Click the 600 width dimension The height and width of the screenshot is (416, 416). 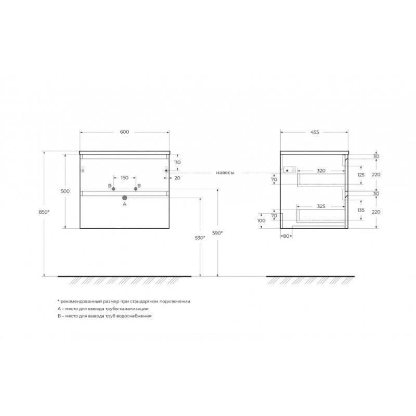[124, 132]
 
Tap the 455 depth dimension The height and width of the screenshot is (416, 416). [315, 132]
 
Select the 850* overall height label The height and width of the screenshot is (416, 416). [44, 212]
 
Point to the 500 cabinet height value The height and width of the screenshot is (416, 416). [66, 191]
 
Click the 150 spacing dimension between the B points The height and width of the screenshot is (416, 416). [125, 178]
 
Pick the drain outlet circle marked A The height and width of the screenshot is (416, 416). [124, 198]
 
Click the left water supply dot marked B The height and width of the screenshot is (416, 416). [113, 189]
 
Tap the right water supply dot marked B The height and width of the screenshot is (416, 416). [136, 189]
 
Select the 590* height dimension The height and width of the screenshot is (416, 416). [217, 233]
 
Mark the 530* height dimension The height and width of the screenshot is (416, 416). [200, 238]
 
